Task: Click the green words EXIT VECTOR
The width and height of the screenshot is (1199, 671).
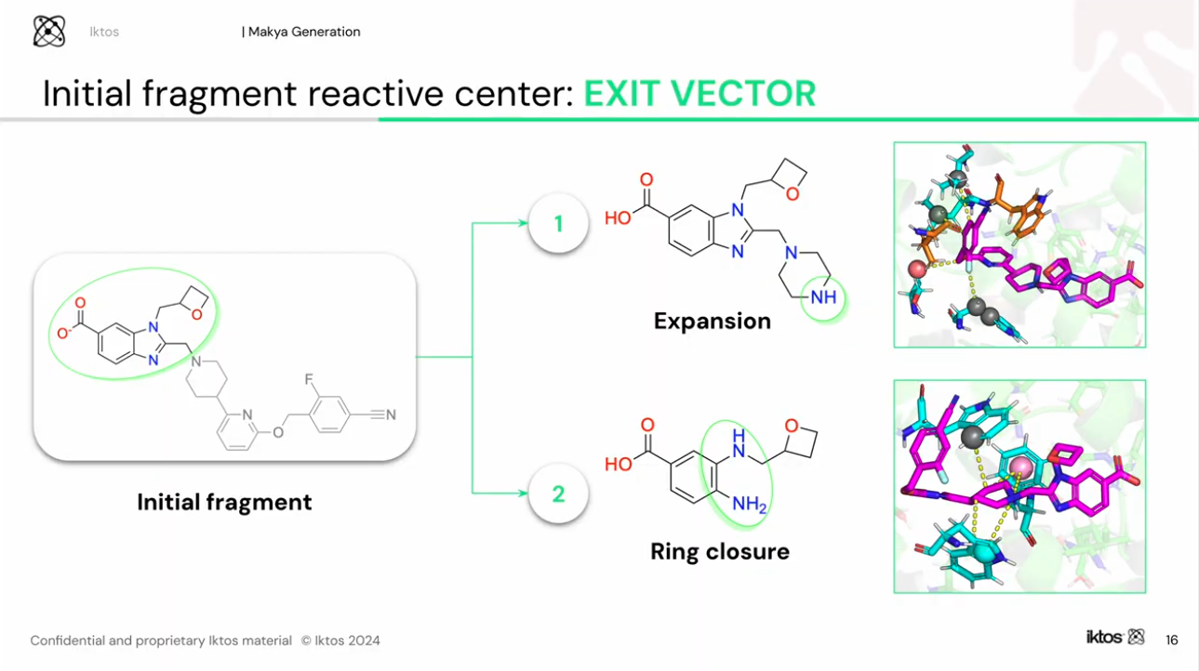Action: coord(699,94)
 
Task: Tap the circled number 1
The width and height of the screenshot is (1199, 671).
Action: coord(558,224)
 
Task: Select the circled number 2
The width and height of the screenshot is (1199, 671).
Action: coord(558,493)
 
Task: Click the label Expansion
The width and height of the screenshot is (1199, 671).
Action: coord(712,322)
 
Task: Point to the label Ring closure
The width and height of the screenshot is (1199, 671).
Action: coord(719,552)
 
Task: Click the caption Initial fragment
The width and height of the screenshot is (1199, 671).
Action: coord(224,503)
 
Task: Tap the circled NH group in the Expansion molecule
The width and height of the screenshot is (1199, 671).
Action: coord(824,297)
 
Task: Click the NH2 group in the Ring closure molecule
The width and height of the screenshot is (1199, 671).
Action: coord(749,504)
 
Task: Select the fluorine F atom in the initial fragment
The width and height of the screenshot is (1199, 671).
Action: coord(308,380)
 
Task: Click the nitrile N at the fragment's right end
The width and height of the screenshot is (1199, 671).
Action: coord(391,414)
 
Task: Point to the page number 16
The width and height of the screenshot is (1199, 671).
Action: coord(1171,639)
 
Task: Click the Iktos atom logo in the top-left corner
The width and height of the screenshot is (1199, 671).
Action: coord(48,32)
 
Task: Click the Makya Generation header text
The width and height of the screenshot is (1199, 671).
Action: coord(302,32)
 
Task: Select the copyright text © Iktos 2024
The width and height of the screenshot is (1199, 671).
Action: coord(340,640)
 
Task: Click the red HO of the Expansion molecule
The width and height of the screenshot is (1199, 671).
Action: coord(618,218)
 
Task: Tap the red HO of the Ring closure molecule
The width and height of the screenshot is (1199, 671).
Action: coord(619,464)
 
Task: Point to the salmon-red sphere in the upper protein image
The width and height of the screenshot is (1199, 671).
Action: coord(916,269)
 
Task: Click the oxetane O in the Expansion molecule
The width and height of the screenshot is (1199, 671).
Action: coord(793,194)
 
